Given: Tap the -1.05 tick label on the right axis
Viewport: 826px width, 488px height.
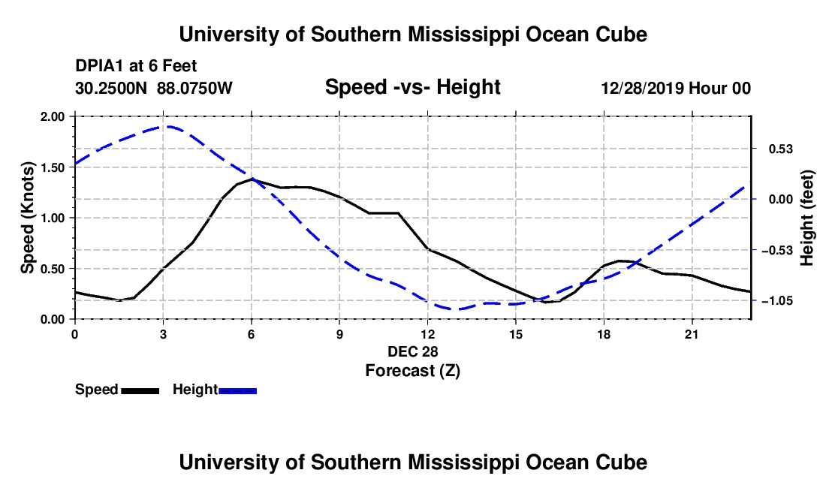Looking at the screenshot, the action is tap(777, 300).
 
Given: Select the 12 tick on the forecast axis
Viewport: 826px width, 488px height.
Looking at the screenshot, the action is tap(428, 334).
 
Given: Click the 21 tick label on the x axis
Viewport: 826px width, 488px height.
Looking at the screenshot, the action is tap(691, 334).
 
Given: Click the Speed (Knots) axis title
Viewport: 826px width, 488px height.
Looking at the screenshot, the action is tap(27, 218).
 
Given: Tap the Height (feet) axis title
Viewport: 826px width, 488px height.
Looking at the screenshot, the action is tap(807, 218).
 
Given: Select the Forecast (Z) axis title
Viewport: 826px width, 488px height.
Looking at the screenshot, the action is tap(412, 371).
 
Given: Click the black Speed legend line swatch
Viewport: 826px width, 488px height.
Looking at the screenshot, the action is tap(140, 390).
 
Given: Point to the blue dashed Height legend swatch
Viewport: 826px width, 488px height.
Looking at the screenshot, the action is tap(237, 390).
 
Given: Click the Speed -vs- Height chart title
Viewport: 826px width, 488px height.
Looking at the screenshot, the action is tap(412, 87).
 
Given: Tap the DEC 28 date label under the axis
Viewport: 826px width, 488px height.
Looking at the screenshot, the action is tap(412, 351).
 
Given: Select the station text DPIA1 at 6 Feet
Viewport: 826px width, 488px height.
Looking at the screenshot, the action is tap(136, 66).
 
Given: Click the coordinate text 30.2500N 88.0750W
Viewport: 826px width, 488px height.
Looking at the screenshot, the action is tap(153, 88).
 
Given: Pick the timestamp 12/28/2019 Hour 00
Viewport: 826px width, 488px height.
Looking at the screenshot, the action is tap(676, 88).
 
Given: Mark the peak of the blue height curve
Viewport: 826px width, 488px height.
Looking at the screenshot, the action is tap(167, 126).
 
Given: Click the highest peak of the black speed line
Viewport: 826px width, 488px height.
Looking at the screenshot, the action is tap(252, 179).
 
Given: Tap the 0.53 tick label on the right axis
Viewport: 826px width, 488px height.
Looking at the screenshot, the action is tap(781, 149).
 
